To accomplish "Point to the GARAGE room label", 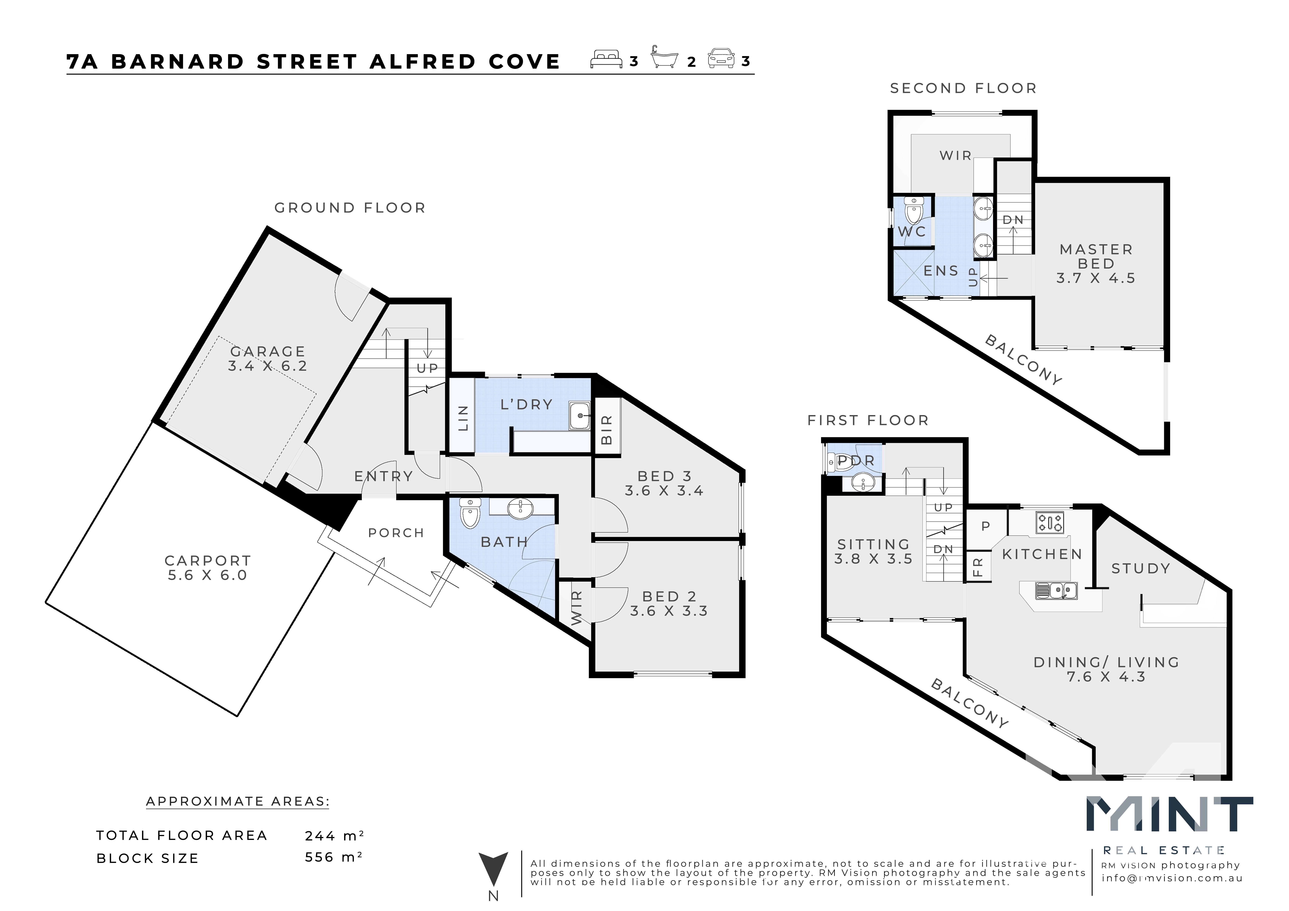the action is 268,351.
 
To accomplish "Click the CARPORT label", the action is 208,561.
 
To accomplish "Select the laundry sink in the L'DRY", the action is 579,415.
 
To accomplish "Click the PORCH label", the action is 396,533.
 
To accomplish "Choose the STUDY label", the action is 1141,569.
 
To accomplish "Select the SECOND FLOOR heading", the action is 963,88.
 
